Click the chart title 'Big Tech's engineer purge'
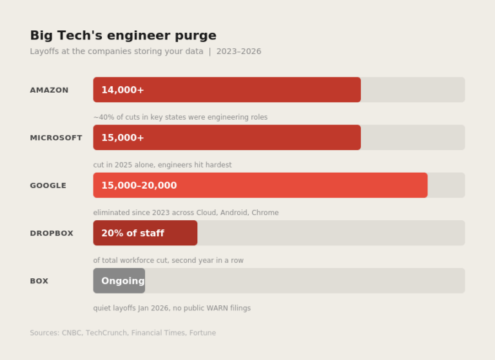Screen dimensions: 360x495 coord(123,35)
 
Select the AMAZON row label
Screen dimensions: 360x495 coord(49,90)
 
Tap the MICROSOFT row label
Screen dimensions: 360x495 coord(56,138)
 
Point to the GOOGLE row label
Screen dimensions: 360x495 coord(48,185)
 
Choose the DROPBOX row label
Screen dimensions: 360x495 coord(52,233)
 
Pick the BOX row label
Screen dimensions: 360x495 coord(39,281)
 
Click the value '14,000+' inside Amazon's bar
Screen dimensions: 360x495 coord(122,90)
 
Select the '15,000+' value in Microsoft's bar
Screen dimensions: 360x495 coord(122,138)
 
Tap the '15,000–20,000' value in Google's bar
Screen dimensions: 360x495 coord(139,185)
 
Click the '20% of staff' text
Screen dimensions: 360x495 coord(132,233)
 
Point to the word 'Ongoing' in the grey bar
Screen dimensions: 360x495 coord(122,281)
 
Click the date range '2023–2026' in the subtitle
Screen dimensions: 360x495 coord(238,52)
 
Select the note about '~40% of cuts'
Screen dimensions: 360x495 coord(180,117)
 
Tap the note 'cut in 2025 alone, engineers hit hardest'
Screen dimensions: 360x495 coord(162,165)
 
